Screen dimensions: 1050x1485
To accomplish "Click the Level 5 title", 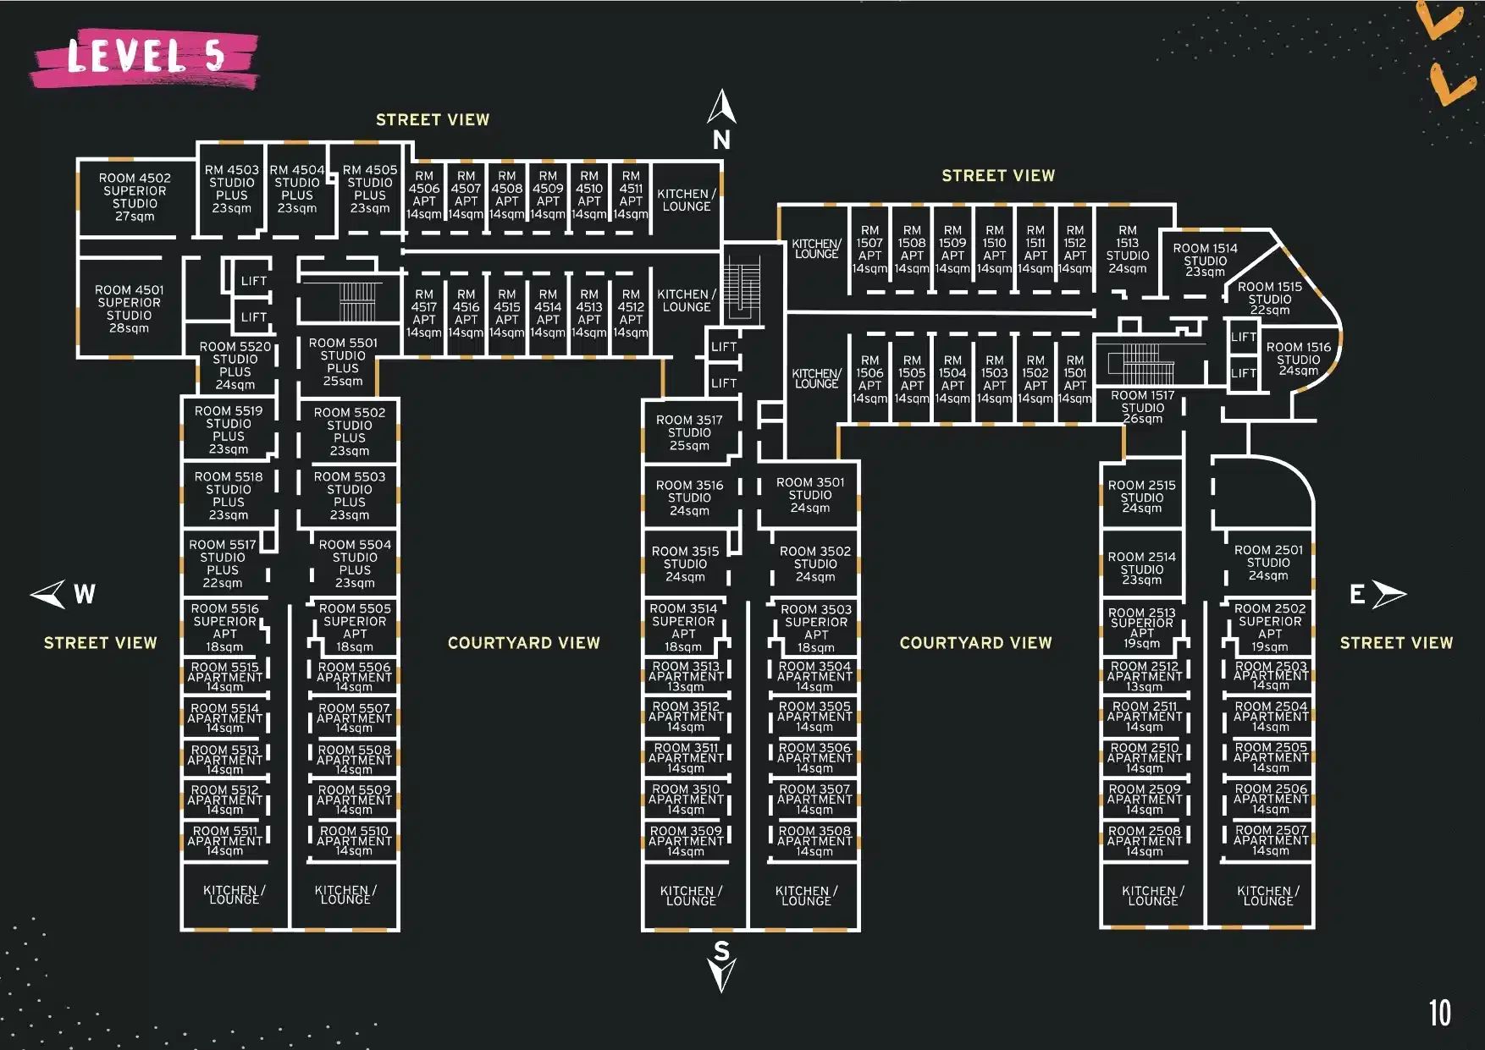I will tap(146, 58).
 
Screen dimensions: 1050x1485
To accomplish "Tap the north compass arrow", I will tap(721, 107).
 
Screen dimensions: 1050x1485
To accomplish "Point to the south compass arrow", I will tap(721, 973).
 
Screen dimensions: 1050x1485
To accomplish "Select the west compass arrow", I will tap(49, 593).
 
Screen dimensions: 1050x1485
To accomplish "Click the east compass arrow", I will tap(1388, 594).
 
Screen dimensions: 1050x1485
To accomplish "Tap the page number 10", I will tap(1439, 1013).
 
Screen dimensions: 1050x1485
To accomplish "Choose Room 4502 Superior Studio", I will tap(135, 197).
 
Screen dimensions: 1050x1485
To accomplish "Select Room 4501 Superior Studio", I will tap(129, 309).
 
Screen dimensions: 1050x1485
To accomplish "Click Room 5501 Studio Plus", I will tap(343, 362).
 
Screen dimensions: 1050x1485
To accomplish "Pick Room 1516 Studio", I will tap(1298, 359).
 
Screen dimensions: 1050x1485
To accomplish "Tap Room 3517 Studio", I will tap(689, 432).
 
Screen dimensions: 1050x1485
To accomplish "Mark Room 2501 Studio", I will tap(1268, 563).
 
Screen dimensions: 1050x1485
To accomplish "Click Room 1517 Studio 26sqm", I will tap(1142, 407).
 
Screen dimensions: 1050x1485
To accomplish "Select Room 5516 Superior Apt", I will tap(224, 627).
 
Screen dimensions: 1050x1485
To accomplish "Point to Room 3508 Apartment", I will tap(814, 841).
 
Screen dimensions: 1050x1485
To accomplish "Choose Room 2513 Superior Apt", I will tap(1141, 628).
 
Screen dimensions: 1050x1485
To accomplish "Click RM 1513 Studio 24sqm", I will tap(1127, 250).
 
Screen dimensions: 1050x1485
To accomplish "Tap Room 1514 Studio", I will tap(1205, 260).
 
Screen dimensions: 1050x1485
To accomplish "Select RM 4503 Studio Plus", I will tap(231, 189).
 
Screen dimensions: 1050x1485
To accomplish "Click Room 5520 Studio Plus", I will tap(235, 366).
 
